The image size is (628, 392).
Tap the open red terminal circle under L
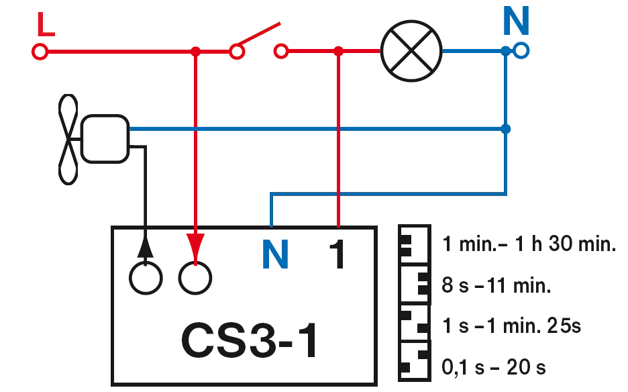coord(40,51)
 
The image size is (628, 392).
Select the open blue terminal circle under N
coord(521,50)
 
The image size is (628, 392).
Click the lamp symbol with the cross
coord(411,50)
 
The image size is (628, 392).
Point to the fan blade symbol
coord(67,139)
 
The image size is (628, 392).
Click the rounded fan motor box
coord(105,138)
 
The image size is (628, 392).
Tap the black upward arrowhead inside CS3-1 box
coord(146,246)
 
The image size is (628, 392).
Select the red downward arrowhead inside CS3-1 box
coord(195,245)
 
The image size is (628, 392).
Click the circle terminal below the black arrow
coord(146,277)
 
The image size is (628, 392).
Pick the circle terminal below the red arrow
coord(195,277)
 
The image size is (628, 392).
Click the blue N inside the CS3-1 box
coord(276,256)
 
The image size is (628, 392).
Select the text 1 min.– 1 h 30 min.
coord(529,244)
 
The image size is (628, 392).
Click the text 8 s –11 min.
coord(496,286)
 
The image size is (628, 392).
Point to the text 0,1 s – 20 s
coord(494,368)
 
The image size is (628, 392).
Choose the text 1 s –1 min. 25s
coord(511,327)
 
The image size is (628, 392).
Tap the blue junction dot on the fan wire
coord(506,128)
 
